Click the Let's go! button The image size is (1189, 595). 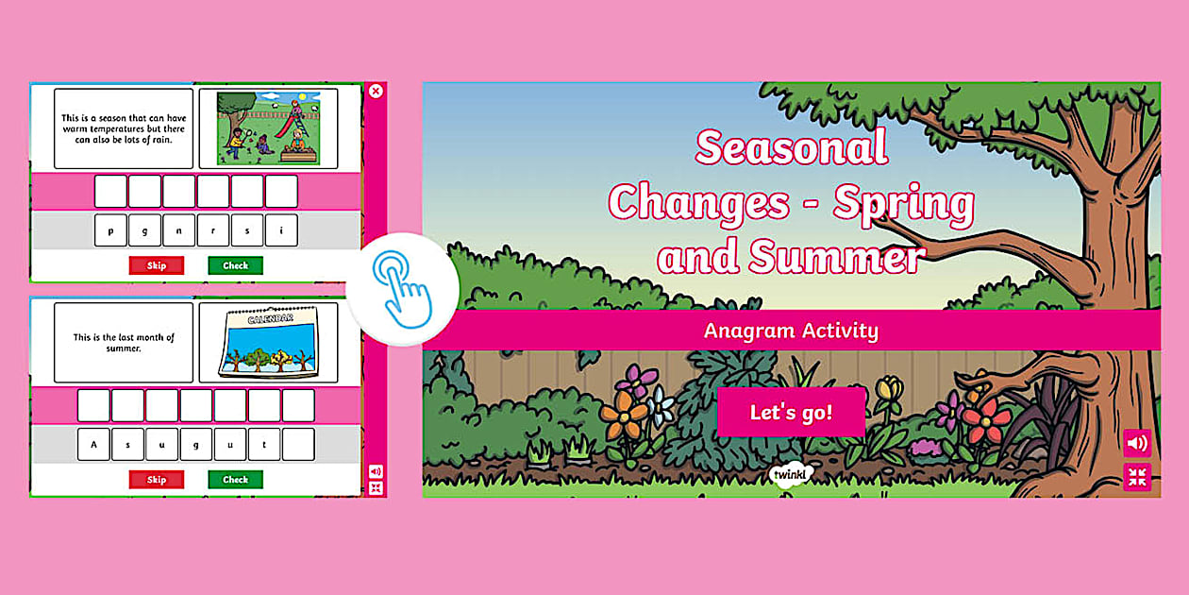(791, 412)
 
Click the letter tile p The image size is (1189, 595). (110, 230)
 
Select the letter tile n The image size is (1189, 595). (178, 230)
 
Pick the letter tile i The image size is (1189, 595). (281, 230)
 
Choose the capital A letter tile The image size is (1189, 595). (93, 444)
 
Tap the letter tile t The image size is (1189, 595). (264, 444)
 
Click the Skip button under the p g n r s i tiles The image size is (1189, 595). (157, 265)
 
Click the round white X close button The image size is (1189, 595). (376, 91)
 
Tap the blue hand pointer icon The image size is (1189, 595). (403, 289)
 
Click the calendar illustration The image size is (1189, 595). (268, 342)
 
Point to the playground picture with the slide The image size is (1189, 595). (268, 128)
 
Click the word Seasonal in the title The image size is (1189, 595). (792, 147)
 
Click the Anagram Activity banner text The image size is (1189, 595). (791, 331)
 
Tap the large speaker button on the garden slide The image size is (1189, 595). (1137, 443)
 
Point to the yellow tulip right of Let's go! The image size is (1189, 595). (888, 388)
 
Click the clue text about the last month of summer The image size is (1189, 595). (124, 343)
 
